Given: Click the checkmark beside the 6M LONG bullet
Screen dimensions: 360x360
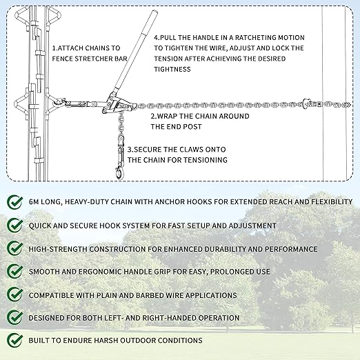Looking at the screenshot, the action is coord(15,202).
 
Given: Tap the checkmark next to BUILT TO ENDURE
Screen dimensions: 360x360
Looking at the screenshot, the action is coord(15,341).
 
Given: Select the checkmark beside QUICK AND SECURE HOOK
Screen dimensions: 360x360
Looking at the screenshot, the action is coord(15,226).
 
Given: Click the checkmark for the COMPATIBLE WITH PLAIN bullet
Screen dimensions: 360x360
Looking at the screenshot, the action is coord(15,295).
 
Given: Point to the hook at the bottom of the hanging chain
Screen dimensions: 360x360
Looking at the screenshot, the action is coord(119,173).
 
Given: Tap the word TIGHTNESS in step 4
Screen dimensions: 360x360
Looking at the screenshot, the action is coord(172,69).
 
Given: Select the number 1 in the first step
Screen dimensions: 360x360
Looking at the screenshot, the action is coord(54,48).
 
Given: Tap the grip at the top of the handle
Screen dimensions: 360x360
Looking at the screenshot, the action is coord(150,22).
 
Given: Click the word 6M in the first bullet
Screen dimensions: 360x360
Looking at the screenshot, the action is coord(34,202).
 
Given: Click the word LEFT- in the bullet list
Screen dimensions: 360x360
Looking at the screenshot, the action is coord(114,318).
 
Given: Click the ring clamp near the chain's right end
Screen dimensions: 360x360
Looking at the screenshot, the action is coord(306,103).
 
